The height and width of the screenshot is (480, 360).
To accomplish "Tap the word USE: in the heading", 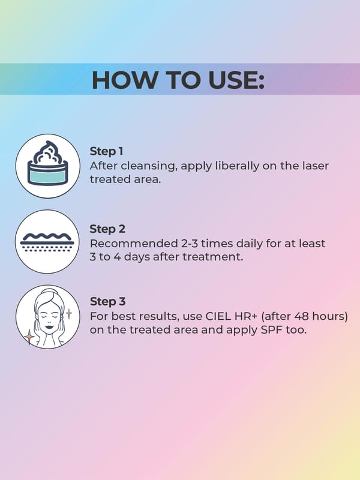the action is (x=236, y=80).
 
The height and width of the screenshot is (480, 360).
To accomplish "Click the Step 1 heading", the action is (x=107, y=151).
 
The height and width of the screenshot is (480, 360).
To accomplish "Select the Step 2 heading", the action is (x=107, y=229).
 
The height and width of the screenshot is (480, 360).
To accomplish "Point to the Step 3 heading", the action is (x=108, y=302).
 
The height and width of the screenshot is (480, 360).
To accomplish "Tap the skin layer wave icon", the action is (x=47, y=242).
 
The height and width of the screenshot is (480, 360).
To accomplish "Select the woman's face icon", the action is (x=48, y=317).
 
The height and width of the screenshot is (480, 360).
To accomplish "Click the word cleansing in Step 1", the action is (x=149, y=166).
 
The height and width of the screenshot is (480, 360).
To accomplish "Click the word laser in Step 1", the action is (x=316, y=166).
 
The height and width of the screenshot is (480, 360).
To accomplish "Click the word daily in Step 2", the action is (x=248, y=244).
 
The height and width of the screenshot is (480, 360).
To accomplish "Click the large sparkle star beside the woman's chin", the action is (x=29, y=337).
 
